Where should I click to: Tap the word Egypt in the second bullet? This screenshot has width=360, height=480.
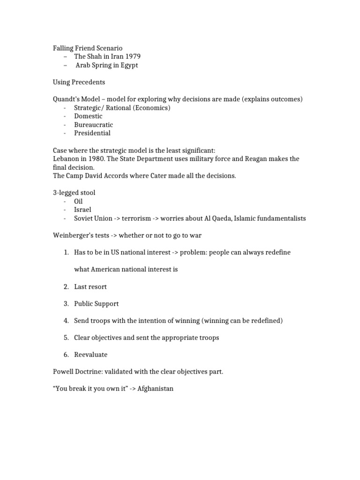click(x=128, y=65)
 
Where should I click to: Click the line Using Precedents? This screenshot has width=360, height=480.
click(x=79, y=82)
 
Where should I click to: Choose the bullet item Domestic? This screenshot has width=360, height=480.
click(x=88, y=116)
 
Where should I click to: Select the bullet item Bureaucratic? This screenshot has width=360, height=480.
click(x=93, y=125)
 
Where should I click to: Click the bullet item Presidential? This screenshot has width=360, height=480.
click(x=92, y=133)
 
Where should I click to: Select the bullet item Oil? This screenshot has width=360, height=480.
click(x=78, y=201)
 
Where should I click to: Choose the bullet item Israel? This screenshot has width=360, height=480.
click(x=82, y=210)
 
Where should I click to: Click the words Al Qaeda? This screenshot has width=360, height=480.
click(x=217, y=218)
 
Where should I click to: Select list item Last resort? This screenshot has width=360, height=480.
click(x=90, y=286)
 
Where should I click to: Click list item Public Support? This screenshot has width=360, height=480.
click(x=96, y=304)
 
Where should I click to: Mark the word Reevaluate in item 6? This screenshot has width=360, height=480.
click(x=90, y=355)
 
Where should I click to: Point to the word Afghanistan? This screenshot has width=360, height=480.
click(x=155, y=389)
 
